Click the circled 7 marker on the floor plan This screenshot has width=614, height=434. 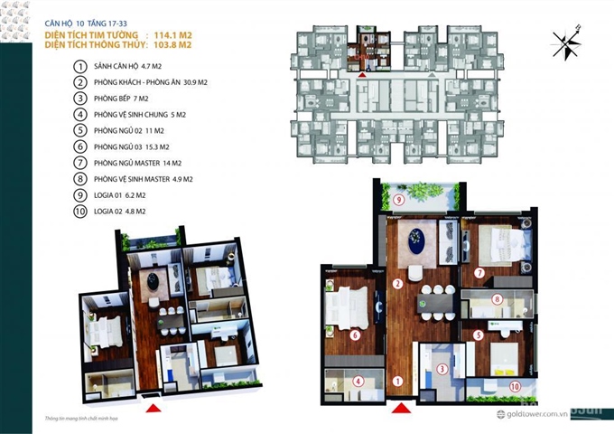(479, 272)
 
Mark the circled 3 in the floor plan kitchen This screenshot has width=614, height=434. (442, 368)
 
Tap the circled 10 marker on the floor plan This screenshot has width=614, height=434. (515, 386)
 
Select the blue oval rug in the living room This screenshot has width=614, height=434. (419, 241)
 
